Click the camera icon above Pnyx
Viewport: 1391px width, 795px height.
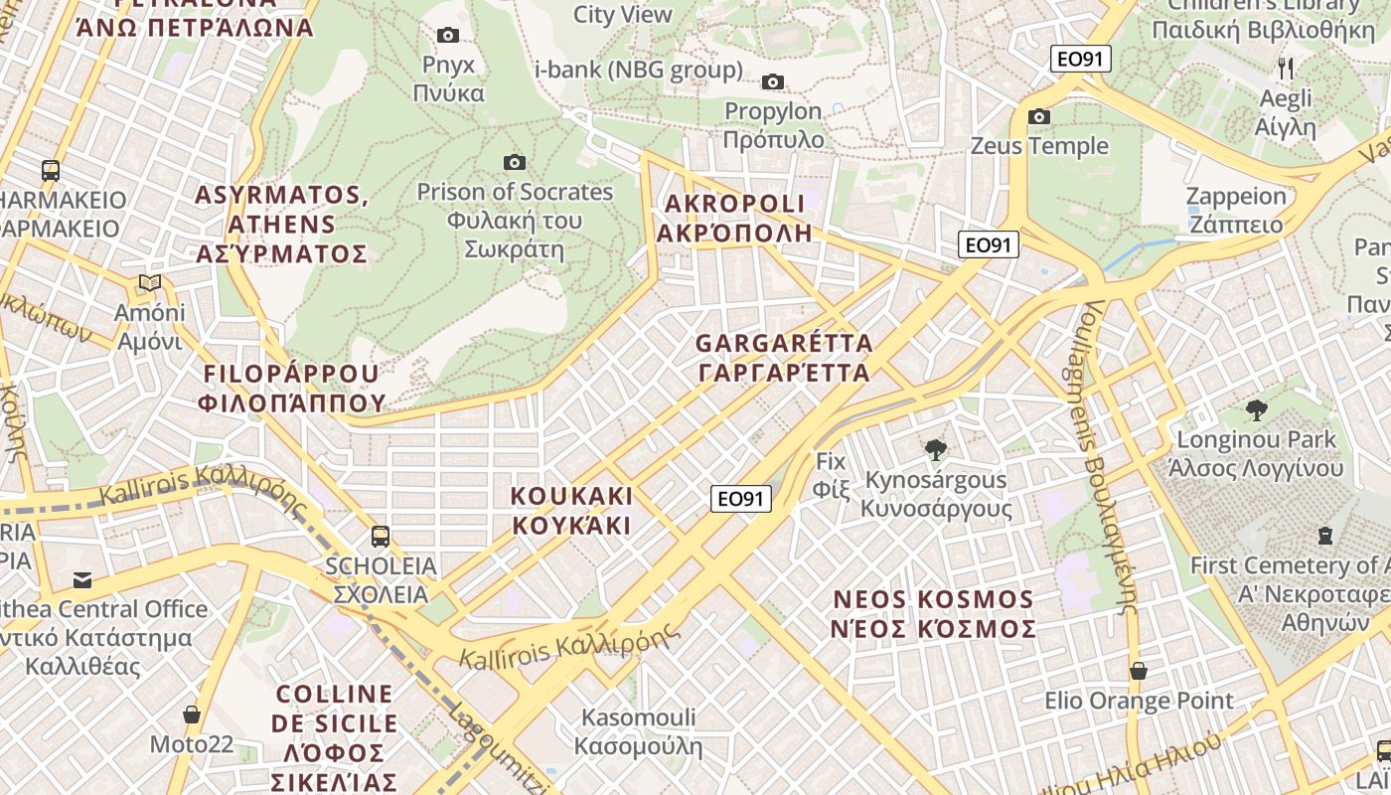tap(448, 36)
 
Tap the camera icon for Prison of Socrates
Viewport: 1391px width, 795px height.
tap(514, 162)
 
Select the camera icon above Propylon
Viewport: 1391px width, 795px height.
tap(772, 82)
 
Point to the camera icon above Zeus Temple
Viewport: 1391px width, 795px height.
tap(1039, 117)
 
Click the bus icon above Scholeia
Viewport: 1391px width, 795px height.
tap(380, 537)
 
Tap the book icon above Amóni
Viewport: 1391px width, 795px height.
tap(149, 283)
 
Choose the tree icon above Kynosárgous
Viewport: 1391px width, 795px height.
tap(935, 450)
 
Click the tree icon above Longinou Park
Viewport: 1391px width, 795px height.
tap(1256, 409)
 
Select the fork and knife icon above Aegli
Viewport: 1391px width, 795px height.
tap(1286, 68)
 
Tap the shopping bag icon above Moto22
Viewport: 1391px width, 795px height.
tap(192, 715)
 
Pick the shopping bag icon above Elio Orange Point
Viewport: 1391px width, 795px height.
tap(1139, 671)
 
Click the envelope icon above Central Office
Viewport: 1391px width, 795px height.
tap(81, 579)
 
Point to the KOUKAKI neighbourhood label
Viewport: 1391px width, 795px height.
tap(571, 510)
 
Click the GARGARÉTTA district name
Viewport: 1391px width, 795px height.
tap(784, 358)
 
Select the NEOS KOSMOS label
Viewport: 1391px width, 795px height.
tap(934, 614)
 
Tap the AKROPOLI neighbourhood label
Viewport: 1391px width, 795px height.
tap(734, 219)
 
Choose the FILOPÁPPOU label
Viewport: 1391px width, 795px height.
tap(291, 388)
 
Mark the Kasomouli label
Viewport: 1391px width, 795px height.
tap(639, 731)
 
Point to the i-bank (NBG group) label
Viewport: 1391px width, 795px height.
tap(639, 70)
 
